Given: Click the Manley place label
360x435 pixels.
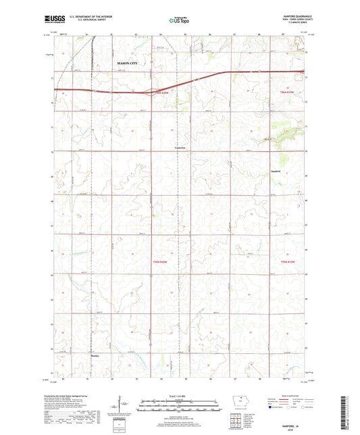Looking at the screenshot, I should (x=95, y=352).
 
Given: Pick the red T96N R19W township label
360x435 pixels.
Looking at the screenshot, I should (x=288, y=92).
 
